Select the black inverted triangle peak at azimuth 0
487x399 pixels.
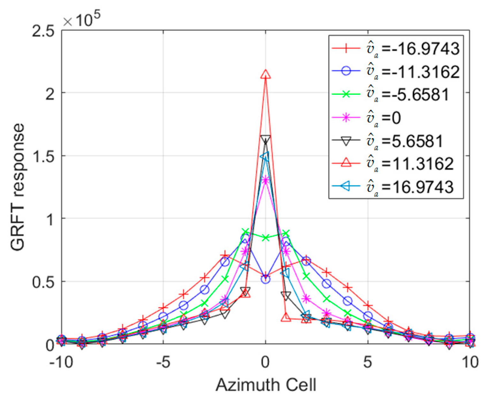tap(265, 140)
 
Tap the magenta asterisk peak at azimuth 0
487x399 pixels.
tap(265, 180)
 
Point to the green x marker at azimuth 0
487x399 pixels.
tap(265, 237)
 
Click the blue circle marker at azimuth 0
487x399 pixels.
tap(265, 279)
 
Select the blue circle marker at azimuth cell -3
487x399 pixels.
tap(204, 290)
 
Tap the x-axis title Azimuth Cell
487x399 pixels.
tap(266, 385)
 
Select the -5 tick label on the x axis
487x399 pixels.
tap(163, 363)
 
